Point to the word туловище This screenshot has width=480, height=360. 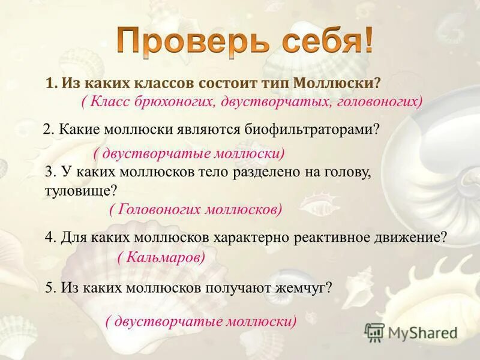click(79, 190)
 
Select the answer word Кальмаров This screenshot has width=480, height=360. click(162, 257)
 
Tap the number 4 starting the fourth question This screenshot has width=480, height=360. click(49, 237)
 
